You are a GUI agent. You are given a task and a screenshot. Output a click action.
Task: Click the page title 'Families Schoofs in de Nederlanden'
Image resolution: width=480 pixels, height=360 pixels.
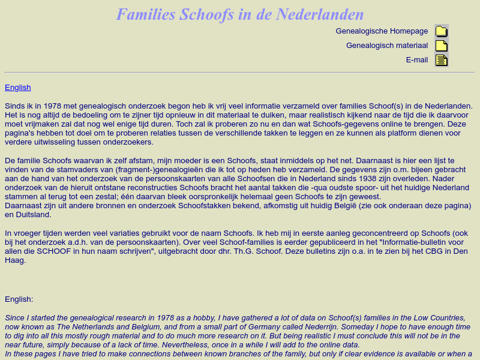click(x=240, y=14)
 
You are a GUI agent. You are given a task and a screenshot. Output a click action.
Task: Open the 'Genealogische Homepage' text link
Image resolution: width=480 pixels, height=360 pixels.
click(x=382, y=31)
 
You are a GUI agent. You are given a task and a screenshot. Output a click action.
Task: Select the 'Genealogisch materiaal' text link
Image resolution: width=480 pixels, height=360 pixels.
click(x=387, y=46)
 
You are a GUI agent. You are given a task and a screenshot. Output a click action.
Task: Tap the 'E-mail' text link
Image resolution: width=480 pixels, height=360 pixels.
click(x=417, y=60)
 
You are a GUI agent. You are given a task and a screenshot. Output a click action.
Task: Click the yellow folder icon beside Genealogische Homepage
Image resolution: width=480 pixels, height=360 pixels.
click(x=442, y=32)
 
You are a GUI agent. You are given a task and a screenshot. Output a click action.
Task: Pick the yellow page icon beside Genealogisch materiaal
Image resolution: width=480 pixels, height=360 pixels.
click(x=442, y=46)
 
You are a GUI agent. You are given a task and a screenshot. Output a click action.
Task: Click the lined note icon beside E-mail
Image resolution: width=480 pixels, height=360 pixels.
click(x=442, y=60)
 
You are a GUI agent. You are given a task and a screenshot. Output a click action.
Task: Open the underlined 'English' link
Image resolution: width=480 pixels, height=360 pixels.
click(x=17, y=88)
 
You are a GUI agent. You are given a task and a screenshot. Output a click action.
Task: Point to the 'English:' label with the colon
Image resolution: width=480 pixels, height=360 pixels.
click(x=19, y=299)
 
